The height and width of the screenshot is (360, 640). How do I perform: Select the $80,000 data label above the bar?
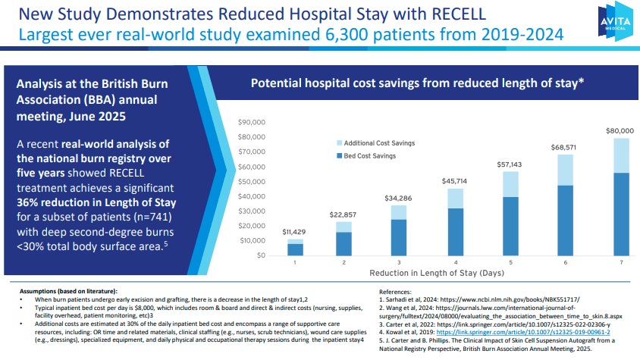tap(620, 131)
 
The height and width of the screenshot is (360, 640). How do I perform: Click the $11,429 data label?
tap(295, 231)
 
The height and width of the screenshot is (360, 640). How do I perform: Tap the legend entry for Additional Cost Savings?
tap(378, 142)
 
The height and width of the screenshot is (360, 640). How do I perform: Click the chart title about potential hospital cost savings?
tap(417, 84)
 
